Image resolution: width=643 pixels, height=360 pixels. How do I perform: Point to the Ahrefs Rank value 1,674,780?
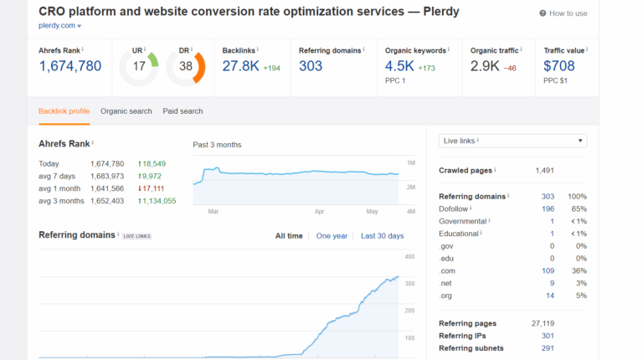point(70,65)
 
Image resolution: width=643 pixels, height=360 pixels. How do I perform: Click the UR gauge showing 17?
point(138,65)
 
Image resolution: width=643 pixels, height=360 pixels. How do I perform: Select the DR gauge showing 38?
point(185,65)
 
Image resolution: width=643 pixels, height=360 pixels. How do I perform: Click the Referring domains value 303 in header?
point(311,65)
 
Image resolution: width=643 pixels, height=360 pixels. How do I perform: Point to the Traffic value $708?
point(559,65)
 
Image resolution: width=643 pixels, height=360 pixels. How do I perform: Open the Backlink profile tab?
point(64,111)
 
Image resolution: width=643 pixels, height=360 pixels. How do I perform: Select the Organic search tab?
point(126,111)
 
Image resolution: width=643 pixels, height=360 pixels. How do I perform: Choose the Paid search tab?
point(183,111)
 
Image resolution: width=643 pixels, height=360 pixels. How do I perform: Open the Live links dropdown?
point(512,141)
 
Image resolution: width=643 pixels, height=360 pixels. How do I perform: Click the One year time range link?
point(332,236)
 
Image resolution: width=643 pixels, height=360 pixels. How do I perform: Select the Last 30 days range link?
point(382,236)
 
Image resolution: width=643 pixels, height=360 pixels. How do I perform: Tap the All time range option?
point(289,236)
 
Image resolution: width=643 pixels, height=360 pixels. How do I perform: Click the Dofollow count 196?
point(548,208)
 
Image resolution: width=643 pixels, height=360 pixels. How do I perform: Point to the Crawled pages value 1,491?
point(544,171)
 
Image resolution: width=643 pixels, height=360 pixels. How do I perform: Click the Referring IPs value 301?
point(548,336)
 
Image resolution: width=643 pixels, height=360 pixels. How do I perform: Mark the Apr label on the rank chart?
point(319,212)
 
